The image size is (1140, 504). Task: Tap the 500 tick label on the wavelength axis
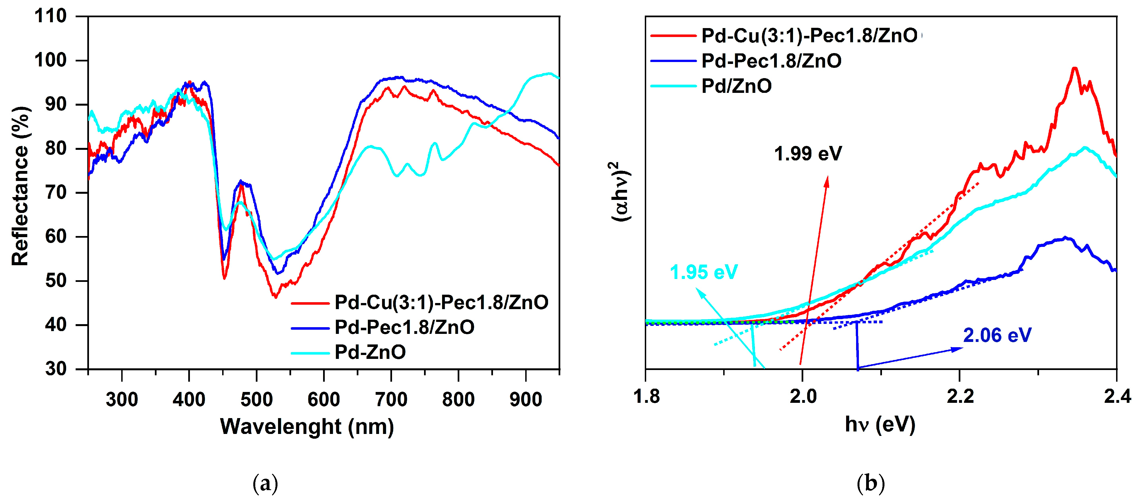coord(256,399)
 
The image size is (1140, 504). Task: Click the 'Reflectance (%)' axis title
coord(20,186)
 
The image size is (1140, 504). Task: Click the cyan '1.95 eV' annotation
coord(704,272)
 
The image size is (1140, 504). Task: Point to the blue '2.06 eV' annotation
coord(997,336)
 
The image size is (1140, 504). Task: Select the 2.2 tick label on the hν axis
coord(960,396)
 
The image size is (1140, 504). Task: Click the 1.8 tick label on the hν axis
coord(646,396)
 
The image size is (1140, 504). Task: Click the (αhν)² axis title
coord(621,191)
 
